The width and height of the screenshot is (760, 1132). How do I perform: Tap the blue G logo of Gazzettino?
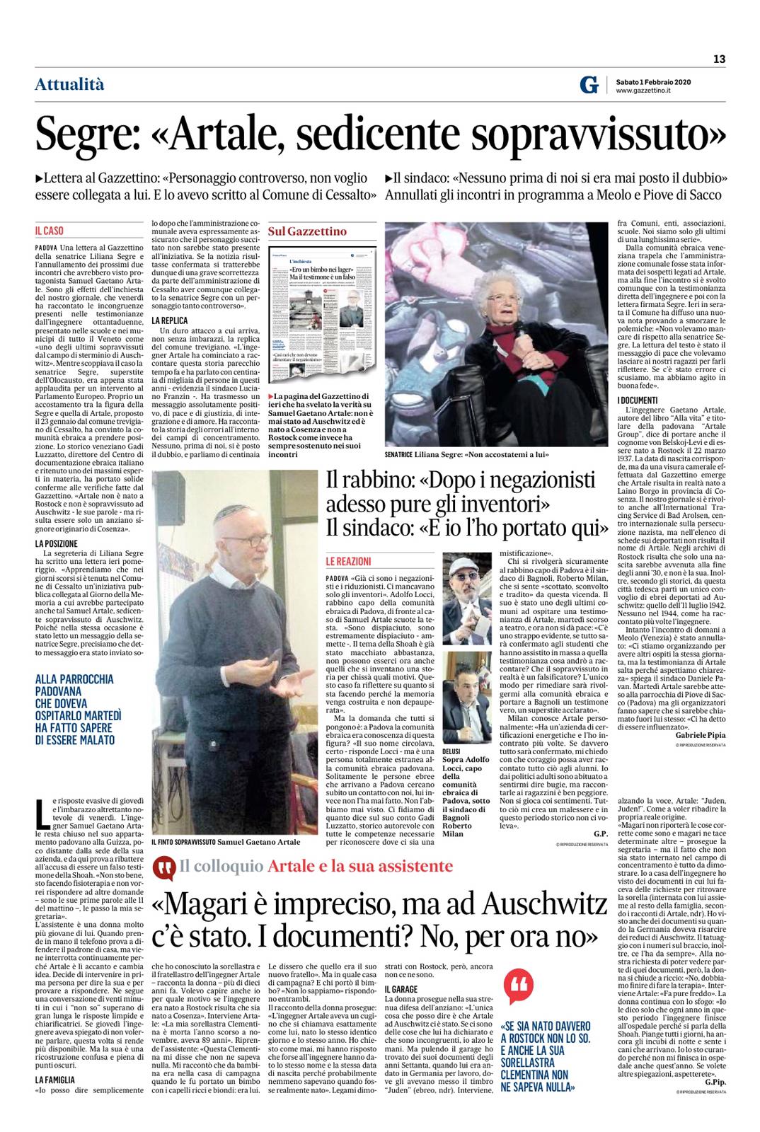point(588,86)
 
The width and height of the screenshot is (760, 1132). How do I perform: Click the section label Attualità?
point(69,85)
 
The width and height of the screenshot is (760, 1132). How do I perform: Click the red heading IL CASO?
point(50,231)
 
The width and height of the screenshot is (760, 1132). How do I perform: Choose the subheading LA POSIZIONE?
point(56,543)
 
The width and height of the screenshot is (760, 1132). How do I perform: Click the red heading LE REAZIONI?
point(348,560)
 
